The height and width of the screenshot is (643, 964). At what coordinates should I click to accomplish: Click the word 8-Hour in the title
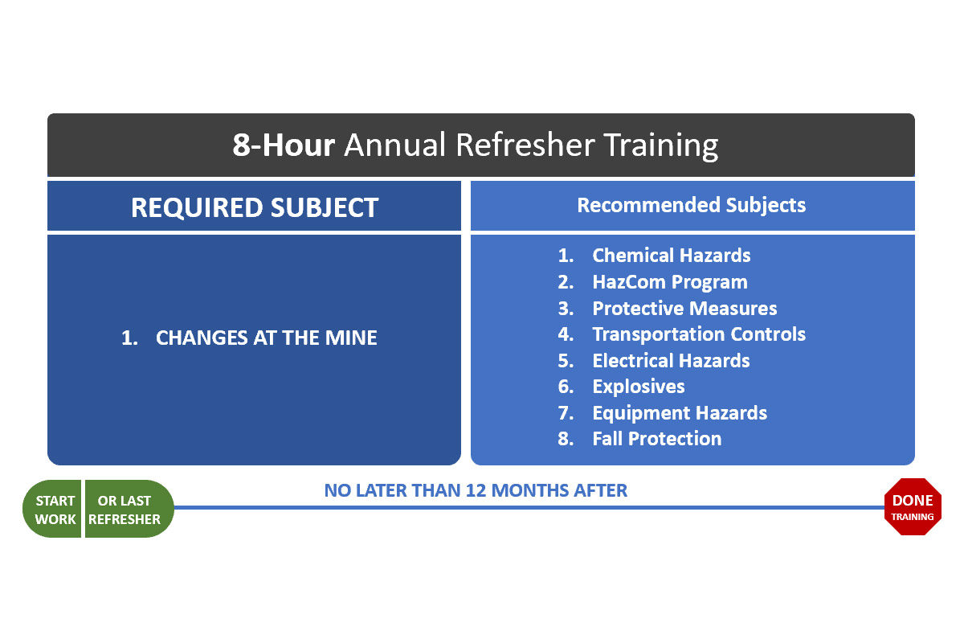[284, 145]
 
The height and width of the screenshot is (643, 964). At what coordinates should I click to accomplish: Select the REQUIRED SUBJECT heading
[254, 207]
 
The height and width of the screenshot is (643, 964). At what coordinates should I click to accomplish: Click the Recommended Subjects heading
[691, 205]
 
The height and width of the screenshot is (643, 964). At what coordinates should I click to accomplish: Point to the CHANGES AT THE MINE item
[266, 338]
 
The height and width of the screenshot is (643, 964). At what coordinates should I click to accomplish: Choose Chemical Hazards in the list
[671, 256]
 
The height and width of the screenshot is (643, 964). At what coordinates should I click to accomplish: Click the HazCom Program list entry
[669, 282]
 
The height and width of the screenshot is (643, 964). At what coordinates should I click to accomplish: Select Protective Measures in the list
[684, 309]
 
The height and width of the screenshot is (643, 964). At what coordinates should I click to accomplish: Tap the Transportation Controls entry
[699, 334]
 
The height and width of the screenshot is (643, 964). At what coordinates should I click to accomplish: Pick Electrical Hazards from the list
[671, 361]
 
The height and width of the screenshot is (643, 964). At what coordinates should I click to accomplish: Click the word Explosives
[639, 387]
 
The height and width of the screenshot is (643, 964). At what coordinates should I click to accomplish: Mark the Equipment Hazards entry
[680, 413]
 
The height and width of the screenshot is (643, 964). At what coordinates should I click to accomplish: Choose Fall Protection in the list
[656, 439]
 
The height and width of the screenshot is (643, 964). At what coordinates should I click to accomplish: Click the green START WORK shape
[53, 510]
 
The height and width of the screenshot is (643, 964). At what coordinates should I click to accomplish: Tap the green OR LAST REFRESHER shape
[127, 510]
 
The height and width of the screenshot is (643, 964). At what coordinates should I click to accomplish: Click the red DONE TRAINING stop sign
[913, 508]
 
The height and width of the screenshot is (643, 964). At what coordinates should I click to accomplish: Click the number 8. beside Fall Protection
[566, 439]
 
